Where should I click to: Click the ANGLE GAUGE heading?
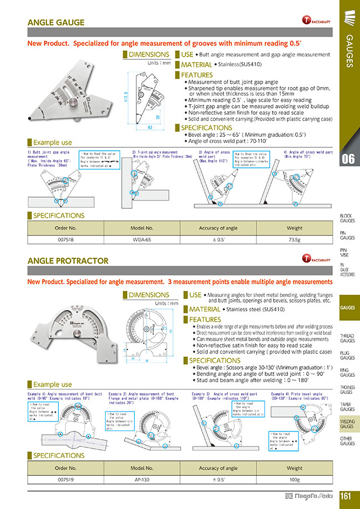tap(56, 23)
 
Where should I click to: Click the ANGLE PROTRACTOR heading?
tap(68, 260)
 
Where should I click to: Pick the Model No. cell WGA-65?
tap(141, 239)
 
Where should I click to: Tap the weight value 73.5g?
tap(295, 239)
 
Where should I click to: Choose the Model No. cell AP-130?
tap(141, 479)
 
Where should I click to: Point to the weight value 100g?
tap(295, 479)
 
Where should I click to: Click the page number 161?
tap(346, 496)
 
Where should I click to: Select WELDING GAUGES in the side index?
tap(348, 424)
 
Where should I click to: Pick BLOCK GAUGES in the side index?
tap(348, 218)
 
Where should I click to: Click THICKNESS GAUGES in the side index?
tap(348, 389)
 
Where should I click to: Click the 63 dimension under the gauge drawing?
tap(150, 127)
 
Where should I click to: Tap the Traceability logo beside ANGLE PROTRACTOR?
tap(313, 259)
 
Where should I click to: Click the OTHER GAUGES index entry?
tap(348, 441)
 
